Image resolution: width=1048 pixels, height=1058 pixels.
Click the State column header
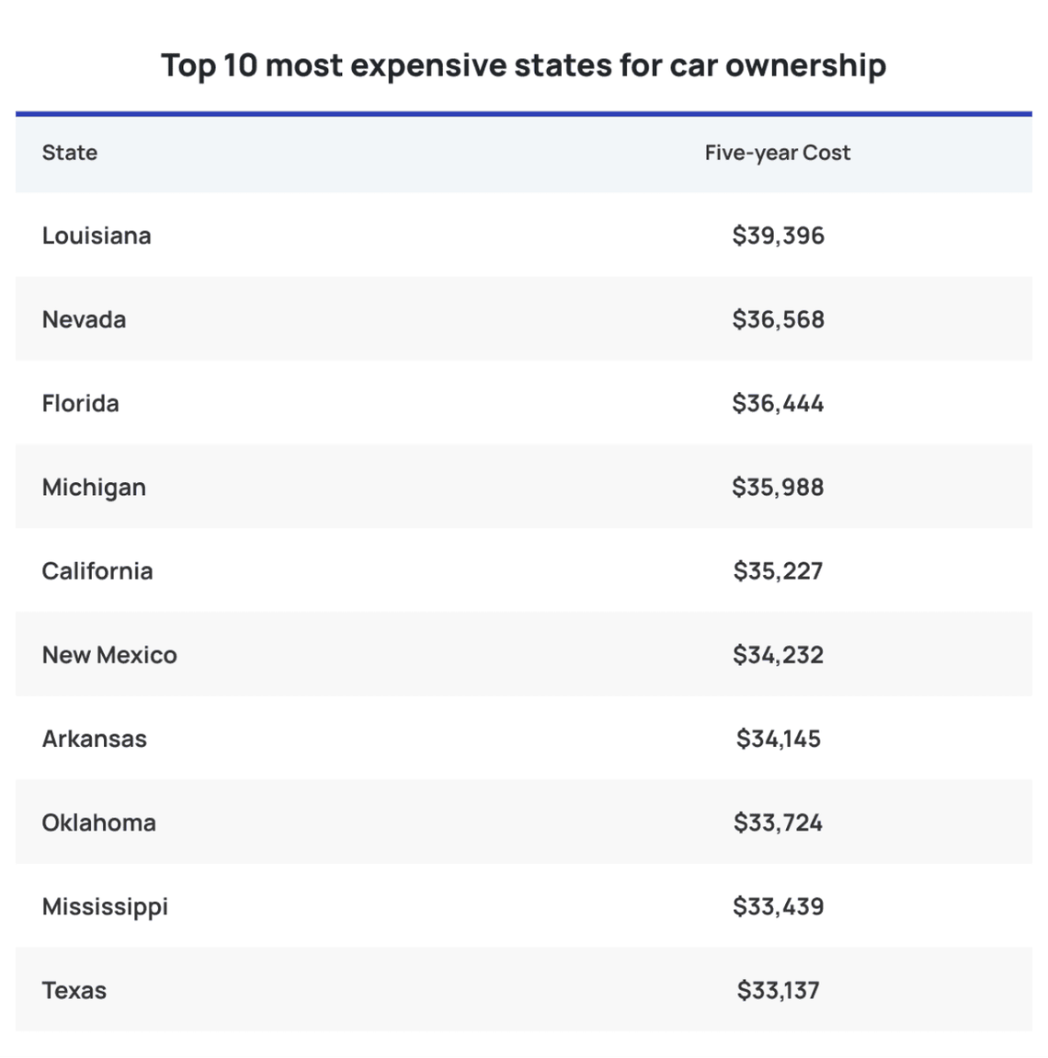pyautogui.click(x=70, y=153)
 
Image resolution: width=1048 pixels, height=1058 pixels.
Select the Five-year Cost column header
pyautogui.click(x=777, y=153)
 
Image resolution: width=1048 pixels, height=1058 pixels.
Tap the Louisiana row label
pyautogui.click(x=97, y=236)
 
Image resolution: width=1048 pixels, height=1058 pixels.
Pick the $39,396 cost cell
pyautogui.click(x=778, y=236)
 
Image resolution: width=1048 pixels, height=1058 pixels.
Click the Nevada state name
pyautogui.click(x=84, y=319)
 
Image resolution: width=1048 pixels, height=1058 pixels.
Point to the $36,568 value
pyautogui.click(x=778, y=319)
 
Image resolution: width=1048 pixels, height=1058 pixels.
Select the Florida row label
pyautogui.click(x=80, y=403)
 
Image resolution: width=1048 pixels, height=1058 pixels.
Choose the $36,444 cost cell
pyautogui.click(x=778, y=403)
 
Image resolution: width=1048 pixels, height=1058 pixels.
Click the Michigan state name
pyautogui.click(x=94, y=488)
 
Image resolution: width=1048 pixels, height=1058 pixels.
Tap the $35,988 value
pyautogui.click(x=778, y=488)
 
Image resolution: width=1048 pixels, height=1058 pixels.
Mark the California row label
pyautogui.click(x=97, y=571)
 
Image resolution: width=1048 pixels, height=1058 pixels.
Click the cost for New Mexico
pyautogui.click(x=778, y=655)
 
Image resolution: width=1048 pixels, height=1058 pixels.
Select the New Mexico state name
pyautogui.click(x=109, y=655)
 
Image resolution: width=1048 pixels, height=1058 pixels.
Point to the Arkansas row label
pyautogui.click(x=94, y=739)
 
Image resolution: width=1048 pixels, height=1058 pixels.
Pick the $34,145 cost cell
pyautogui.click(x=778, y=739)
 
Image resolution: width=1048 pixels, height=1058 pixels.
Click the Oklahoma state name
pyautogui.click(x=98, y=822)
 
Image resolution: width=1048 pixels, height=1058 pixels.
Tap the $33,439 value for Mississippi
pyautogui.click(x=778, y=906)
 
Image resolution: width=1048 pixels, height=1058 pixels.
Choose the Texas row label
pyautogui.click(x=74, y=991)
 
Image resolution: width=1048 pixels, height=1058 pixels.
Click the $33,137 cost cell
pyautogui.click(x=778, y=991)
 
